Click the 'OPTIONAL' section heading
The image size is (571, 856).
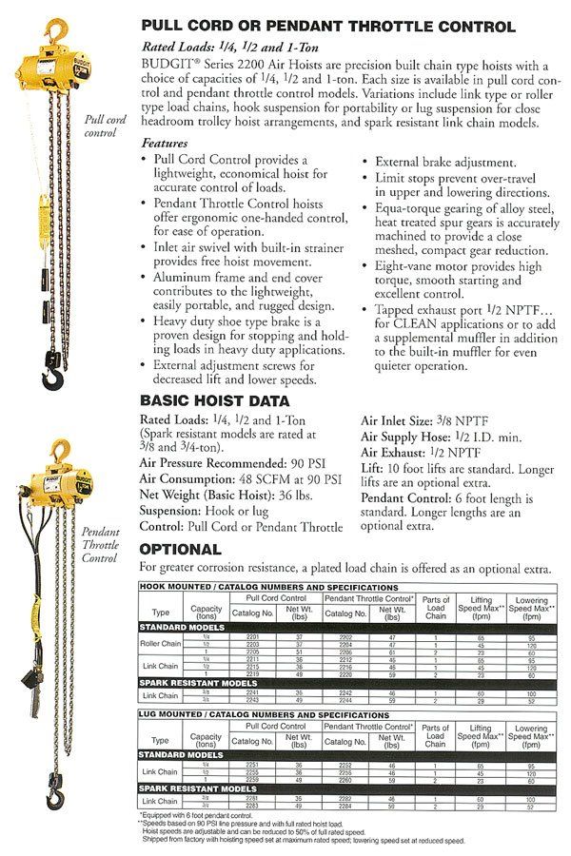tap(181, 549)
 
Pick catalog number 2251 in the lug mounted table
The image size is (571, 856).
tap(253, 763)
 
